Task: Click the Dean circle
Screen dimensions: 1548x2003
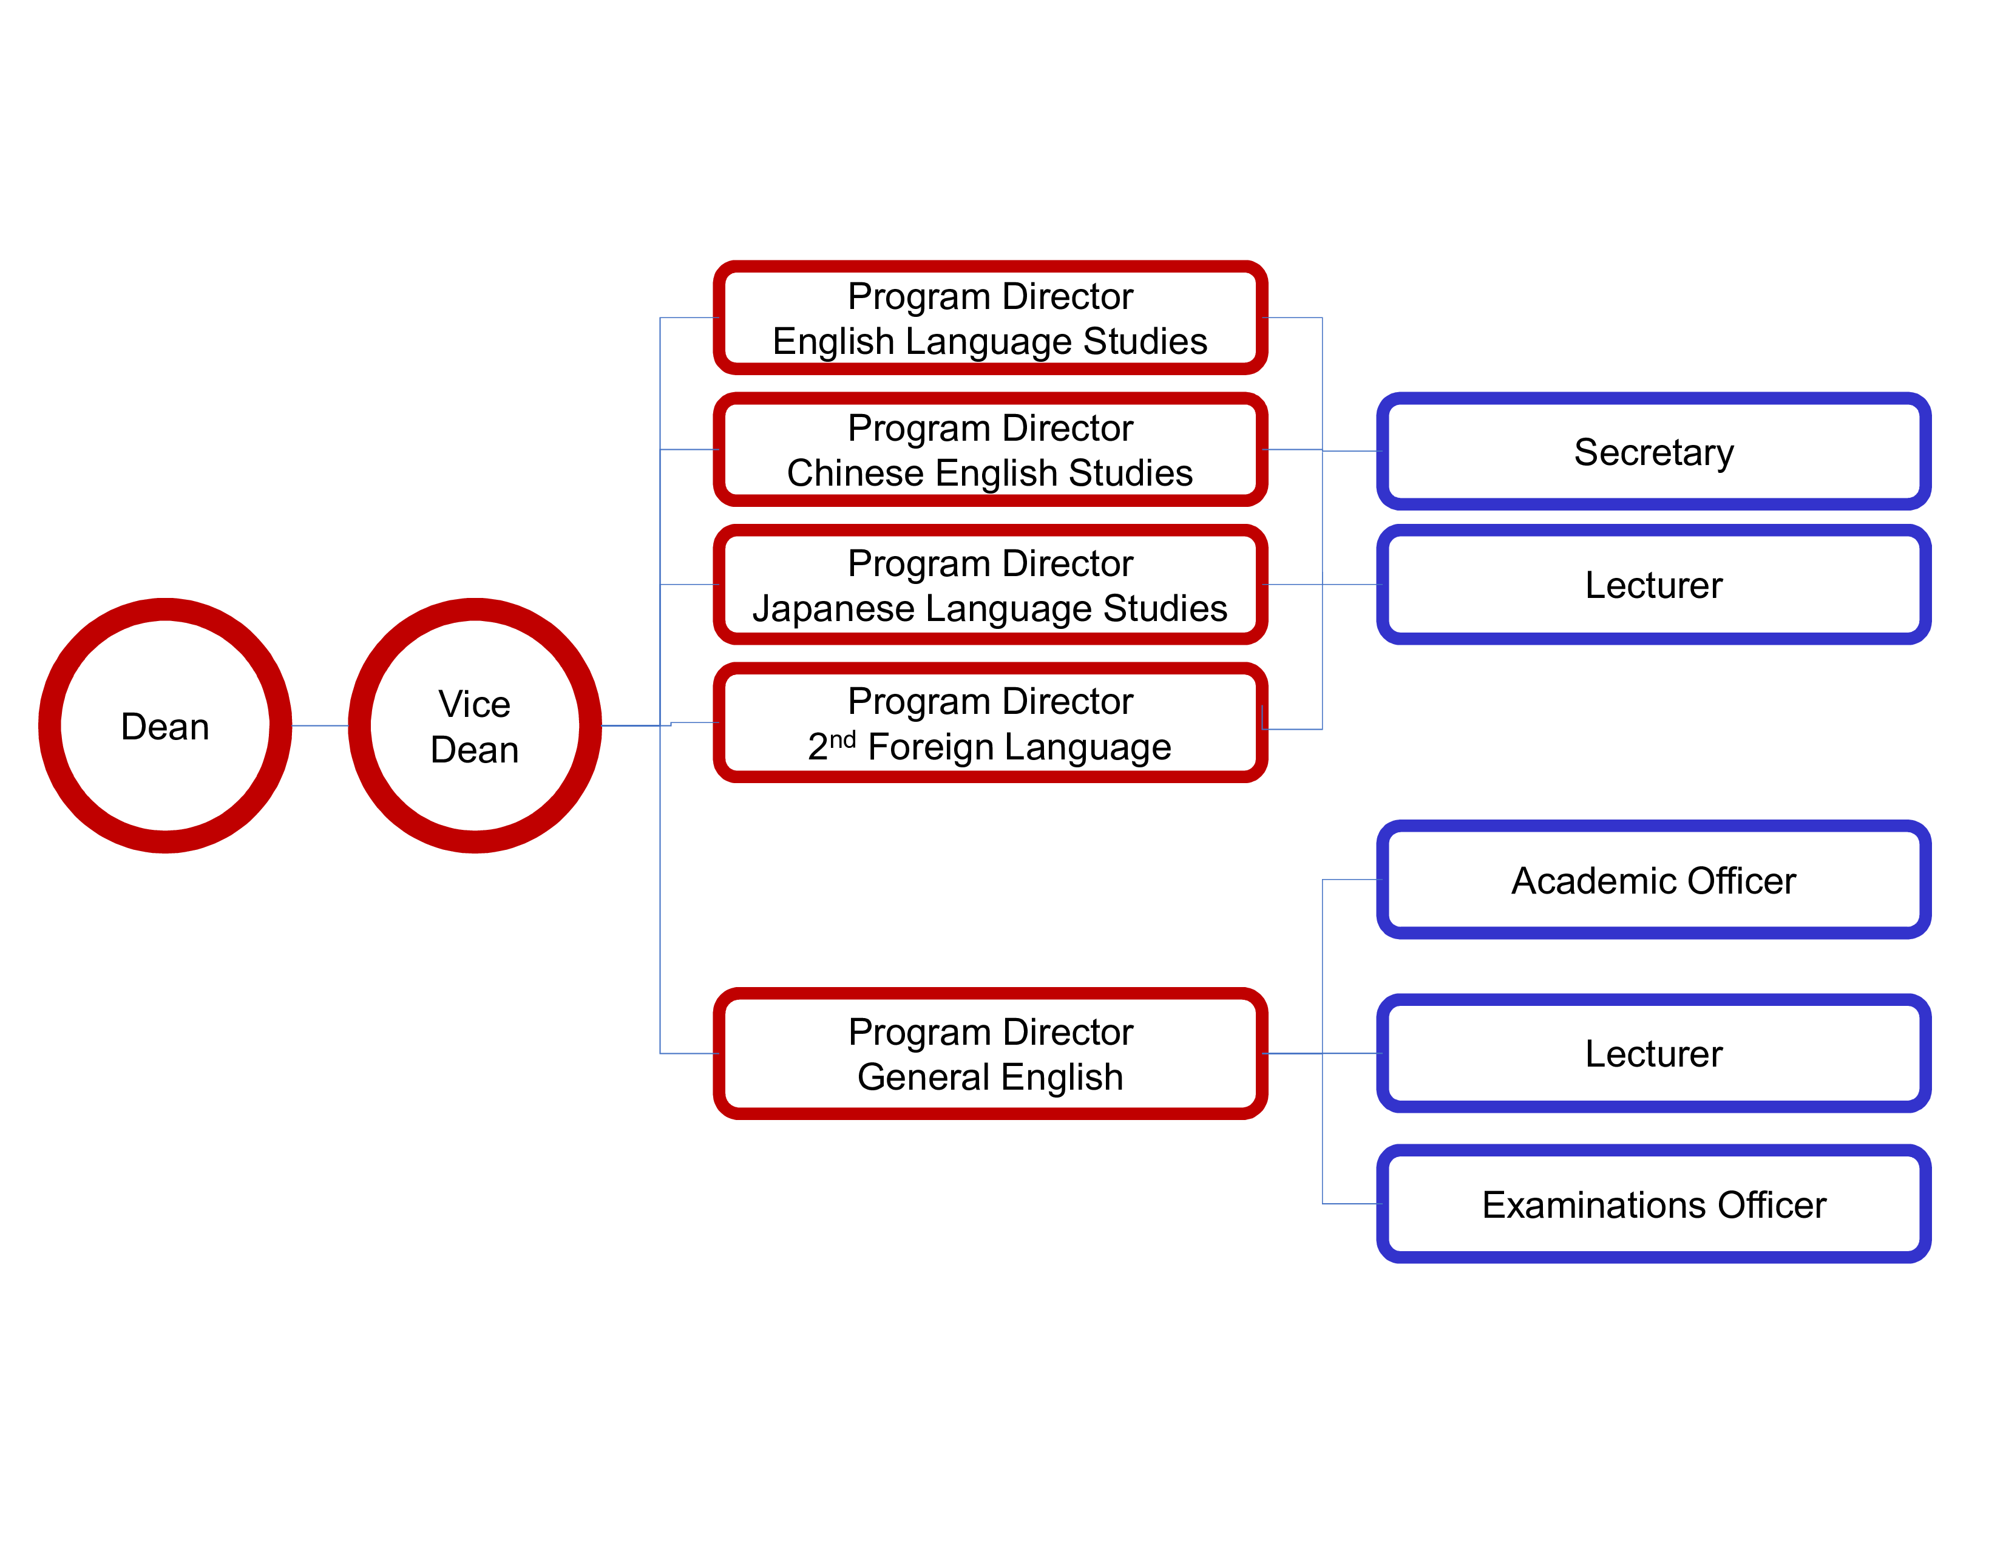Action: click(165, 725)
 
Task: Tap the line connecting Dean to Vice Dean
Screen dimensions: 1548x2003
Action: click(320, 725)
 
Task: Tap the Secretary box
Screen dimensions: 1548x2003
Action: click(1653, 451)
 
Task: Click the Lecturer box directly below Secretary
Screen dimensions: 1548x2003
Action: click(1653, 584)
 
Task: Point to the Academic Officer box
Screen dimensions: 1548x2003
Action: click(1653, 880)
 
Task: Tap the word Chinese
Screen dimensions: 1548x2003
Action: click(855, 474)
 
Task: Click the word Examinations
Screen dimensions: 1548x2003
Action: click(1593, 1205)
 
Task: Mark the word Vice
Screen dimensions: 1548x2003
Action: click(474, 704)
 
